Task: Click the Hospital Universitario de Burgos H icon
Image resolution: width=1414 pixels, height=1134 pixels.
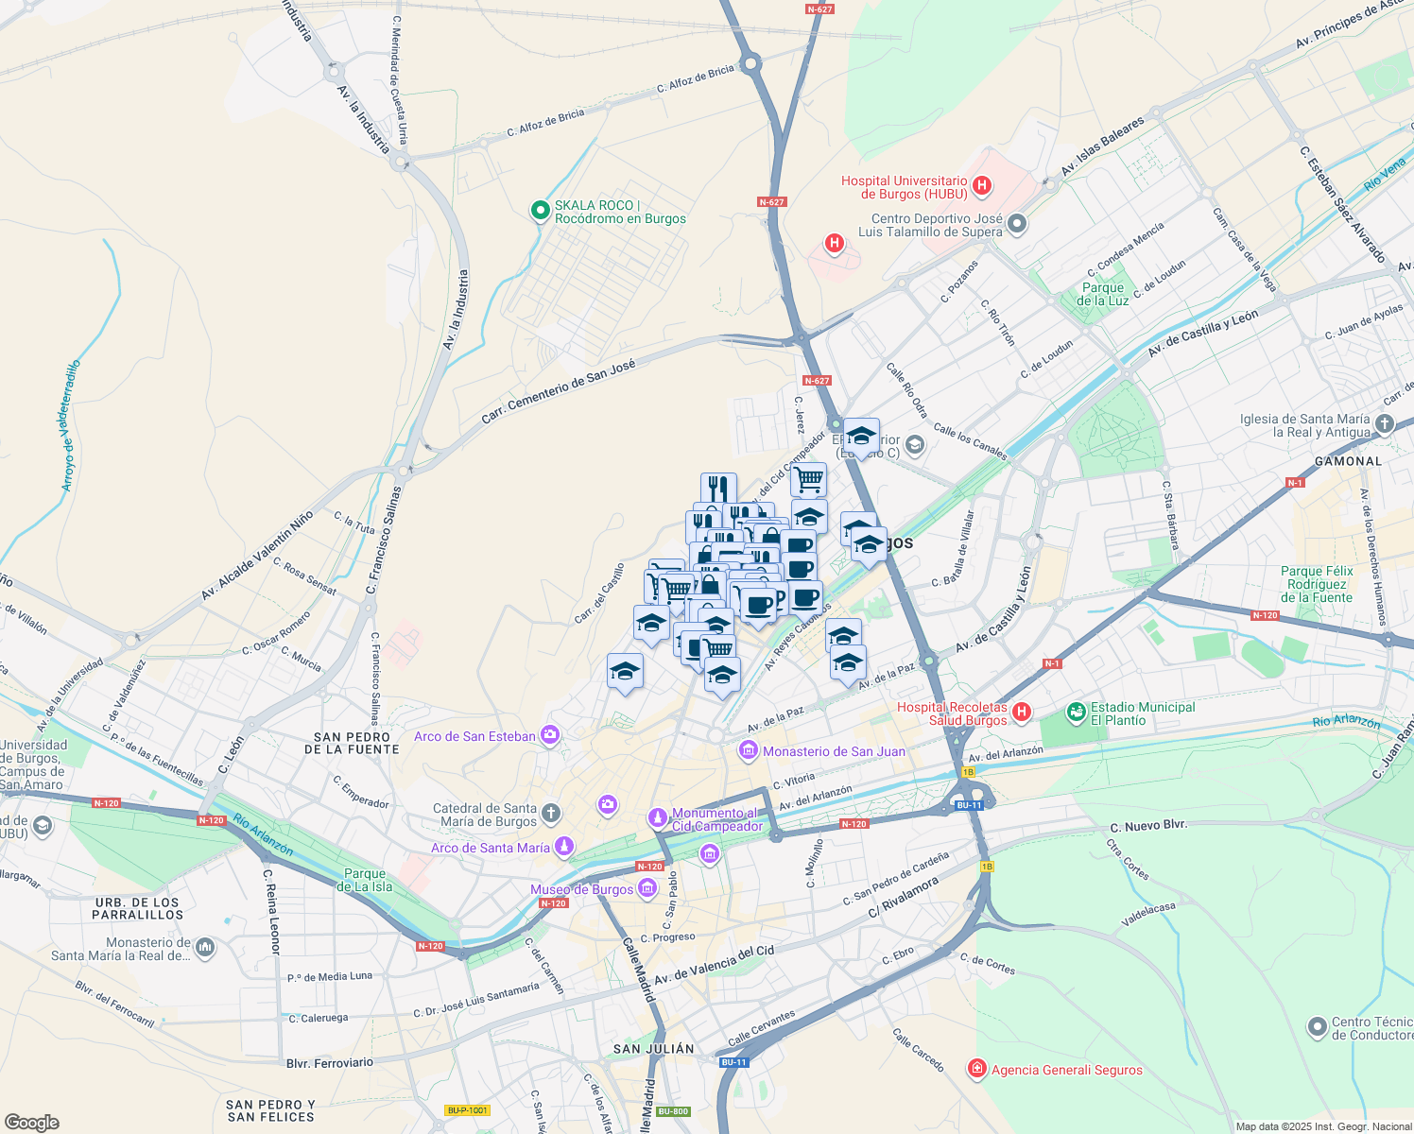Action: tap(982, 185)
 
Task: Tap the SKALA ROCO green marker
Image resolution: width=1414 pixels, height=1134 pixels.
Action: tap(540, 211)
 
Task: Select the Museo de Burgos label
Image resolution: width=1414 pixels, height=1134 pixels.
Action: tap(581, 889)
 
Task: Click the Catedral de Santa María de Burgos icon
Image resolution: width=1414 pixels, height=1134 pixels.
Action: tap(551, 813)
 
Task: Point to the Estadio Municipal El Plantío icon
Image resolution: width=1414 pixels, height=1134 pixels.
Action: tap(1076, 713)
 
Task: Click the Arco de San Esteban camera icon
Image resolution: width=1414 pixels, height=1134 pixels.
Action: tap(550, 735)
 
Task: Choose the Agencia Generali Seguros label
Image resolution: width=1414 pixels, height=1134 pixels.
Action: tap(1066, 1070)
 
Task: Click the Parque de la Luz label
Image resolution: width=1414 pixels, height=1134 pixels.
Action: tap(1103, 294)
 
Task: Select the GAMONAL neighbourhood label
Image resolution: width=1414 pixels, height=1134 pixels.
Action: tap(1348, 461)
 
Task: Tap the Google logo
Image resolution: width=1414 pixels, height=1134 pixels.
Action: tap(31, 1122)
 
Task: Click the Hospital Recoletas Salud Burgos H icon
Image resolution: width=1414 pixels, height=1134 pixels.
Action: tap(1021, 712)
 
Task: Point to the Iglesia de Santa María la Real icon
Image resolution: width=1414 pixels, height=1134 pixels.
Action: tap(1385, 424)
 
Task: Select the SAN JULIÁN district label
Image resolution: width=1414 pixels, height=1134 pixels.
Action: tap(653, 1048)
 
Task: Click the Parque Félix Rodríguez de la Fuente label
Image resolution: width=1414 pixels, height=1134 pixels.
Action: tap(1317, 584)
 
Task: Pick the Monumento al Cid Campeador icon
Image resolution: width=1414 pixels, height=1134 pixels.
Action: tap(657, 817)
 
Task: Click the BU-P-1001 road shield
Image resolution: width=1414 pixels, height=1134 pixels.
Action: tap(468, 1110)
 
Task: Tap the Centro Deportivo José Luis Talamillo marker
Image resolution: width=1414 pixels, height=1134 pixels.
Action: tap(1017, 224)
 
